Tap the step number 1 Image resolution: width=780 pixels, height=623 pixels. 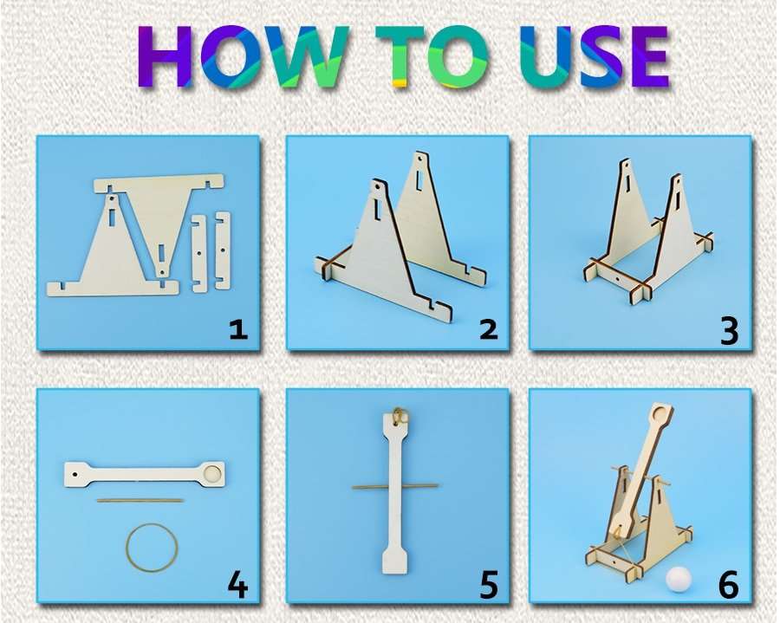(x=237, y=330)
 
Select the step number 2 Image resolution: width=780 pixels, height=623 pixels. (x=488, y=330)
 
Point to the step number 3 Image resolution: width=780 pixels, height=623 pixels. (x=729, y=330)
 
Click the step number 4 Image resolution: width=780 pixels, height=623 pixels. (x=237, y=585)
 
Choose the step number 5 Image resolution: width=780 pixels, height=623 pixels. (x=488, y=585)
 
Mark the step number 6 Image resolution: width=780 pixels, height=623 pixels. (x=729, y=585)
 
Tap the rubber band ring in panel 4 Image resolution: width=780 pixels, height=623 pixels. (x=152, y=547)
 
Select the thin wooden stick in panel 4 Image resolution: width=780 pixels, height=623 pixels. (x=140, y=500)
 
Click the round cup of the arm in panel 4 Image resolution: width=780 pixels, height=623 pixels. (x=213, y=473)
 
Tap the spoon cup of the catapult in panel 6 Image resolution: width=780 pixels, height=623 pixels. (x=663, y=412)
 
